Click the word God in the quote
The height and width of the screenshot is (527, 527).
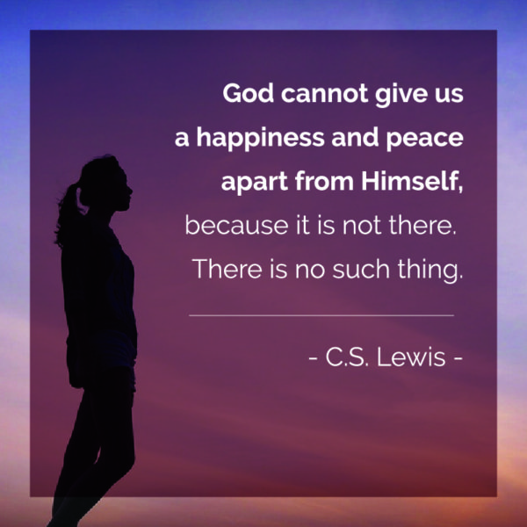pyautogui.click(x=248, y=93)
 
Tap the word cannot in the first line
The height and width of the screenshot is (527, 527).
pyautogui.click(x=325, y=93)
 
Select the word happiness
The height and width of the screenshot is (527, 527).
pyautogui.click(x=261, y=138)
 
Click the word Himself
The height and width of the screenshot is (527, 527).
pyautogui.click(x=412, y=182)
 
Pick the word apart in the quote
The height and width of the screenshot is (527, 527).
pyautogui.click(x=255, y=183)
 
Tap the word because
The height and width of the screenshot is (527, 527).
pyautogui.click(x=236, y=225)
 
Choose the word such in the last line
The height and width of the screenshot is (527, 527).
pyautogui.click(x=361, y=269)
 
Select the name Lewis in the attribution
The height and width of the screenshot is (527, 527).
pyautogui.click(x=411, y=357)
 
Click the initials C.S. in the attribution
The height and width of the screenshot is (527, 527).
pyautogui.click(x=347, y=357)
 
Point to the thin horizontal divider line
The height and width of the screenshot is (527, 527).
pyautogui.click(x=321, y=315)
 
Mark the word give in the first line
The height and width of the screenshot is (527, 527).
pyautogui.click(x=397, y=95)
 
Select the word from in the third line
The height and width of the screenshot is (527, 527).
pyautogui.click(x=324, y=181)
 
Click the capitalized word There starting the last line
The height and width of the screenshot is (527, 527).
pyautogui.click(x=227, y=269)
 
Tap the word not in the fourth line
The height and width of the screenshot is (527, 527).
pyautogui.click(x=362, y=225)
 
